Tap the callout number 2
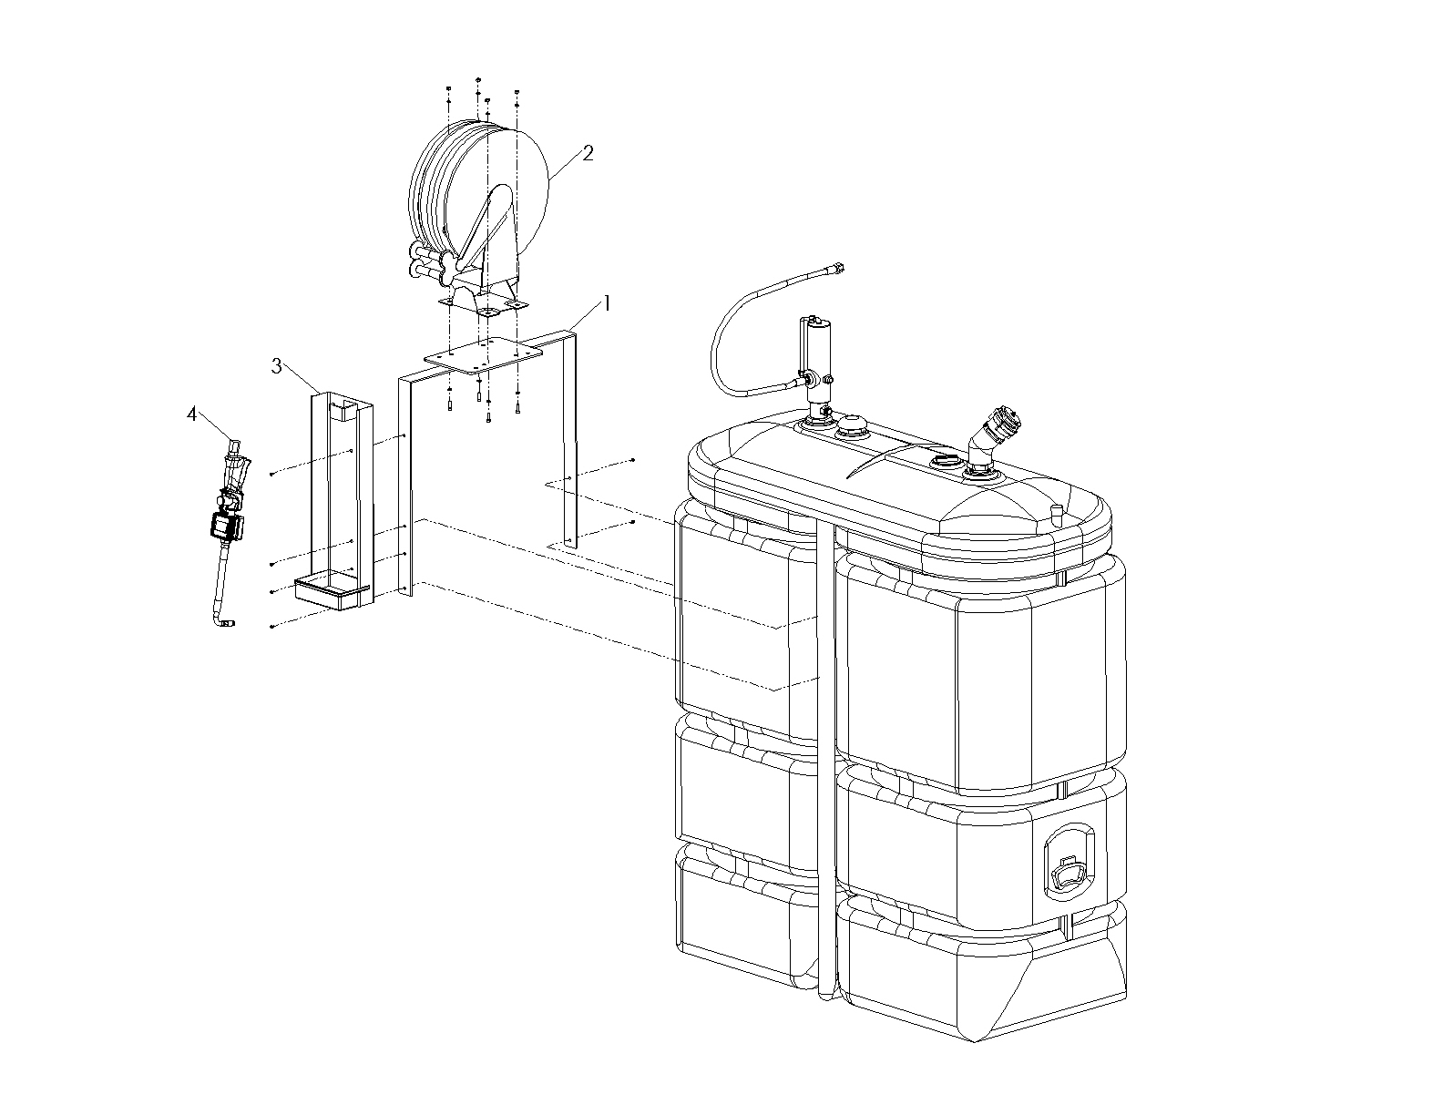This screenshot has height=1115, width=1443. [588, 153]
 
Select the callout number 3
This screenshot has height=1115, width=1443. [277, 366]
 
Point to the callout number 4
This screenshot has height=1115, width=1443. [192, 414]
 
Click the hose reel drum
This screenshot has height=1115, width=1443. [478, 189]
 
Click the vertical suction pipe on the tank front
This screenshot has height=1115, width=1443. [825, 757]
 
